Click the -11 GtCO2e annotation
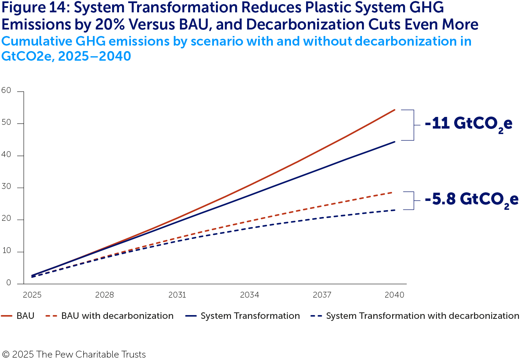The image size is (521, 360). pyautogui.click(x=468, y=123)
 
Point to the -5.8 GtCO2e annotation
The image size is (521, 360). pyautogui.click(x=471, y=199)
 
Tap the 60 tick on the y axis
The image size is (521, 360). pyautogui.click(x=6, y=91)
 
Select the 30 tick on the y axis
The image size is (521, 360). pyautogui.click(x=6, y=187)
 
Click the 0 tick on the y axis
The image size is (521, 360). pyautogui.click(x=9, y=283)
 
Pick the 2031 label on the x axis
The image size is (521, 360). pyautogui.click(x=177, y=295)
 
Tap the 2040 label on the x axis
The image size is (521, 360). pyautogui.click(x=395, y=295)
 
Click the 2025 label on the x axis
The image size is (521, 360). pyautogui.click(x=32, y=295)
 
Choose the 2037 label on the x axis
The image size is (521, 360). pyautogui.click(x=322, y=295)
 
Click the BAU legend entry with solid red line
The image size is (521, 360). pyautogui.click(x=18, y=316)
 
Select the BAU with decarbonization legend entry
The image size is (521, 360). pyautogui.click(x=110, y=316)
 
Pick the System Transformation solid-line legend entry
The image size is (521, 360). pyautogui.click(x=243, y=316)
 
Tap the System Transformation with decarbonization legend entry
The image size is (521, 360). pyautogui.click(x=415, y=316)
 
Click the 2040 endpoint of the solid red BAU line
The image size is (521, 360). pyautogui.click(x=395, y=110)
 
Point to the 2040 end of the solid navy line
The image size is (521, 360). pyautogui.click(x=395, y=142)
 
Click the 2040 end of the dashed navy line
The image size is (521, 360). pyautogui.click(x=395, y=210)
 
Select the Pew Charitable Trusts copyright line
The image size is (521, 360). pyautogui.click(x=74, y=354)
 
